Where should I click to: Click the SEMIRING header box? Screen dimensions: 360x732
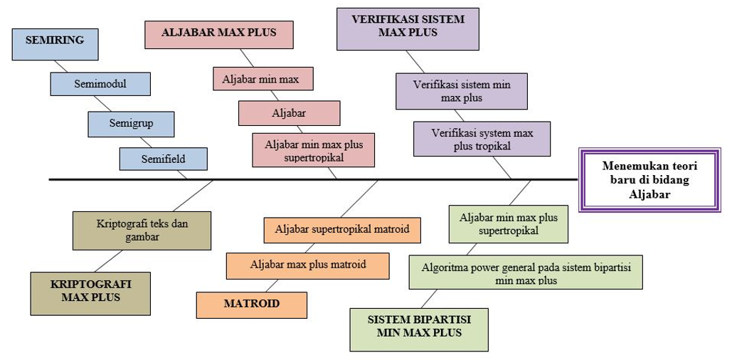click(55, 43)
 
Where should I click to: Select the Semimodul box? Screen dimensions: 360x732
click(100, 84)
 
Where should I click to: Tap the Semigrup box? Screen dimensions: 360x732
click(131, 124)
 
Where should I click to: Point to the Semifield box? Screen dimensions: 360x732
click(163, 159)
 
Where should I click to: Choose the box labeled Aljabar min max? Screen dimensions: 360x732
click(262, 79)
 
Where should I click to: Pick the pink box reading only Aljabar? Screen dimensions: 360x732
click(289, 113)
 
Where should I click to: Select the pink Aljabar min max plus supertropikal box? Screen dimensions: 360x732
click(314, 150)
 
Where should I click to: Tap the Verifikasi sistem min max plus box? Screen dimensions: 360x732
click(461, 91)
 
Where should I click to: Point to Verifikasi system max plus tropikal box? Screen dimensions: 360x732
click(482, 139)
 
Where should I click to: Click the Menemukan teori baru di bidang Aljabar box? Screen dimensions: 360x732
click(649, 180)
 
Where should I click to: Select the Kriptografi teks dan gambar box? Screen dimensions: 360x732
click(142, 230)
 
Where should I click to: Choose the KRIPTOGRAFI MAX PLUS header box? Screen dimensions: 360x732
click(90, 292)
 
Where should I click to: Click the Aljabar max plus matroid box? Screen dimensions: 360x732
click(307, 265)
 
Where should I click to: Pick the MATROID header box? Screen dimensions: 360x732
click(251, 305)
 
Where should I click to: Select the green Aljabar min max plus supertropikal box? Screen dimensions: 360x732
click(508, 223)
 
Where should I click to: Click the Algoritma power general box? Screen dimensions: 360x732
click(525, 272)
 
